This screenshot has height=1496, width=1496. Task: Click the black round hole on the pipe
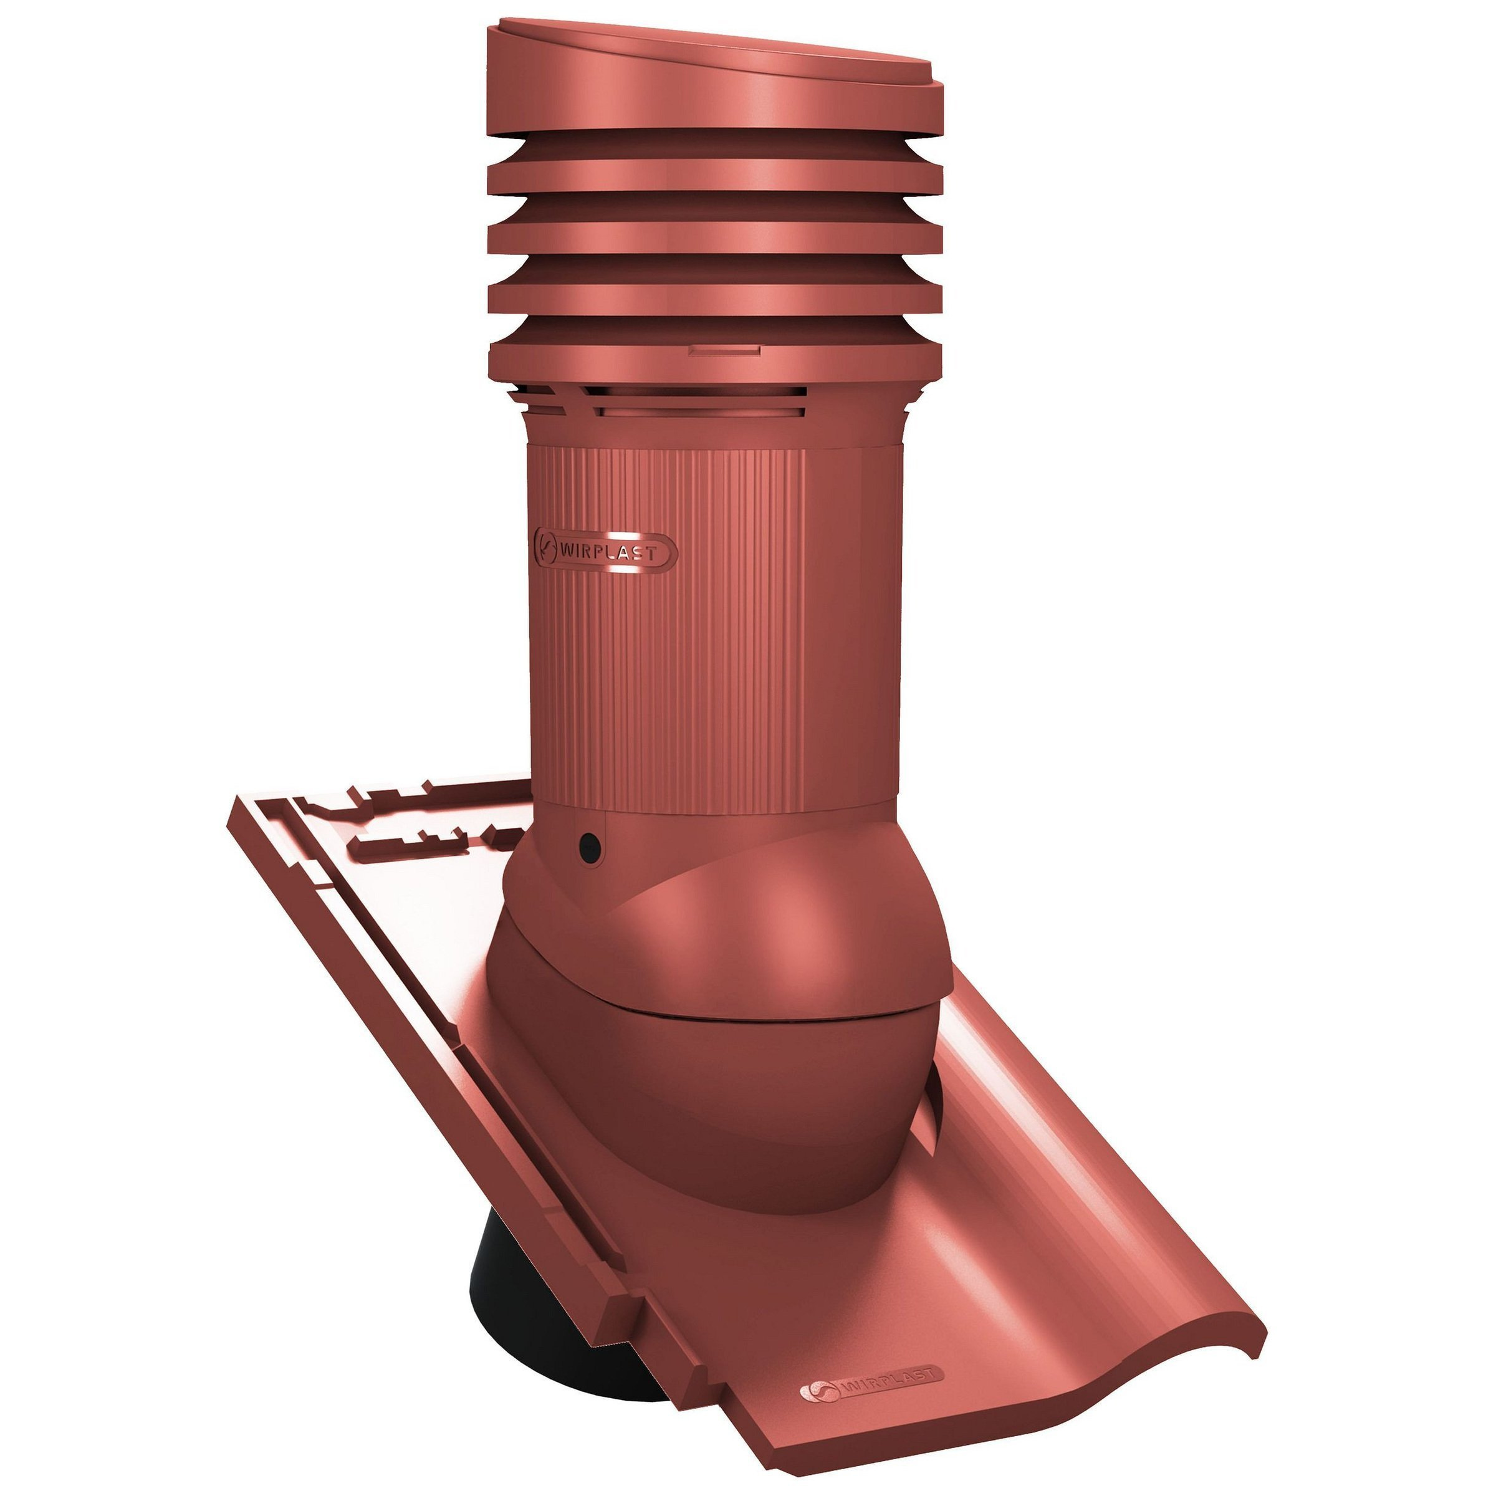pos(591,848)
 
